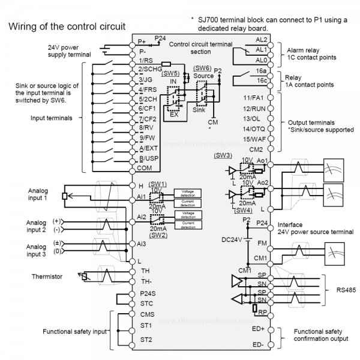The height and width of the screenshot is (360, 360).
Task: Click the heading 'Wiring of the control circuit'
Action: [x=66, y=26]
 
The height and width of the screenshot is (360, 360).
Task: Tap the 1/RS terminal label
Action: [x=145, y=61]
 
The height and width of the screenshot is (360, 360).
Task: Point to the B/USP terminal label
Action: [x=148, y=158]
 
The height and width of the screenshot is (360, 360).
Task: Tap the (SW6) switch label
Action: [x=203, y=68]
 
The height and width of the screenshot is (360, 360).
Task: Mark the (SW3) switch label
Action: [x=223, y=155]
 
